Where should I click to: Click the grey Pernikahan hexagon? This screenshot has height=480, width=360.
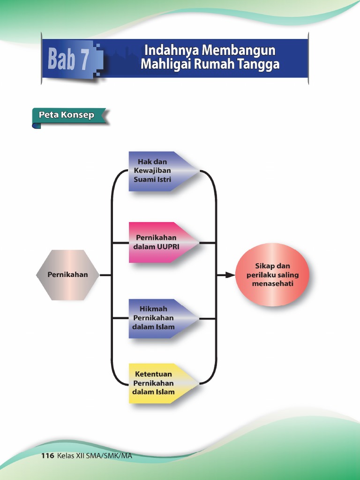67,275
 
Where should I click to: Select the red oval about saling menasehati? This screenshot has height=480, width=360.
272,275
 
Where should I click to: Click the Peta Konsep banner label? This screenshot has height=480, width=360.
67,115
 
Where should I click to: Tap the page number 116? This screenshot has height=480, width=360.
48,456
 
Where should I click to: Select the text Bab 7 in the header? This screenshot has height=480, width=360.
68,61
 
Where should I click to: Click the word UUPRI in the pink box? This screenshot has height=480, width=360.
169,247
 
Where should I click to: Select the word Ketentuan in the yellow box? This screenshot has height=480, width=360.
153,374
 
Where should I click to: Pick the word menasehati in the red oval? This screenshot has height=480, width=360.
272,284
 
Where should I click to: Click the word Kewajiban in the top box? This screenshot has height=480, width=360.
152,171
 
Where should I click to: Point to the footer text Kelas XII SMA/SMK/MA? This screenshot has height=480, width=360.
94,456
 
